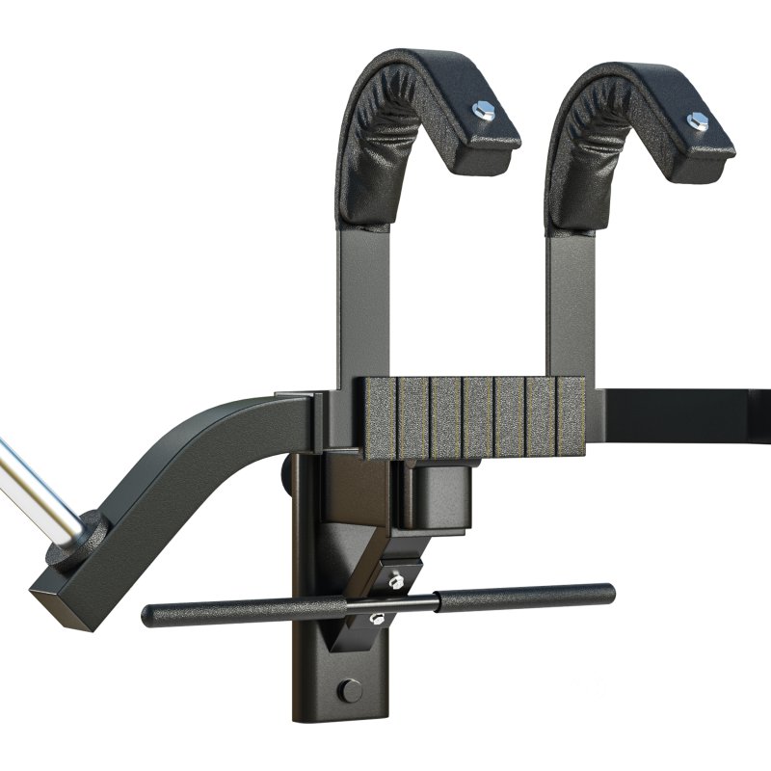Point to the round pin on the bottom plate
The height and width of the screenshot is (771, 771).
pos(351,690)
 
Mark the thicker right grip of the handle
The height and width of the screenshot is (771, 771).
pos(525,598)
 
